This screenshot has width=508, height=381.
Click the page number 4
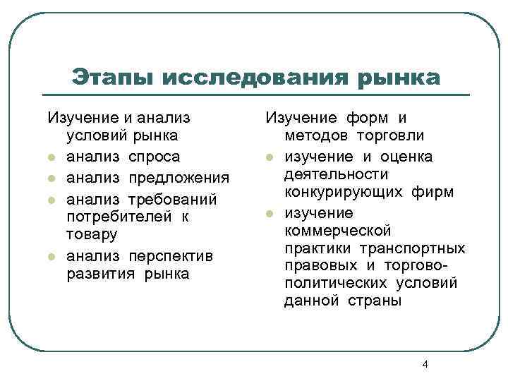(x=424, y=364)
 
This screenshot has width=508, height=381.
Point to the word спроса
(x=155, y=156)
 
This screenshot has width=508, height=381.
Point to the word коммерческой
(x=337, y=231)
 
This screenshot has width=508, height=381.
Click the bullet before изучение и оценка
(x=269, y=155)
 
